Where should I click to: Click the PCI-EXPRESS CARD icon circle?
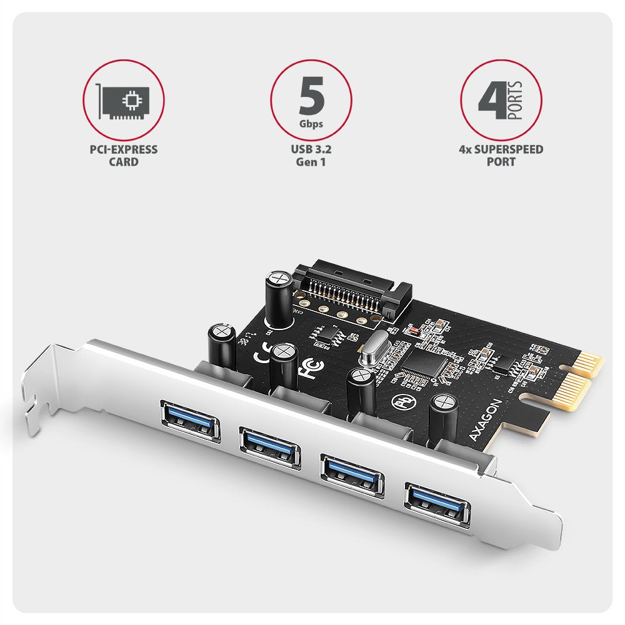click(124, 100)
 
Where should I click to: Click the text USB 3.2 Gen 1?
click(311, 156)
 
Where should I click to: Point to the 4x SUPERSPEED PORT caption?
click(501, 156)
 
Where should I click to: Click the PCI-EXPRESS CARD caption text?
click(123, 156)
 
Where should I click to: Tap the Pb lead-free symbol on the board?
click(401, 401)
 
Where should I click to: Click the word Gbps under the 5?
click(311, 124)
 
